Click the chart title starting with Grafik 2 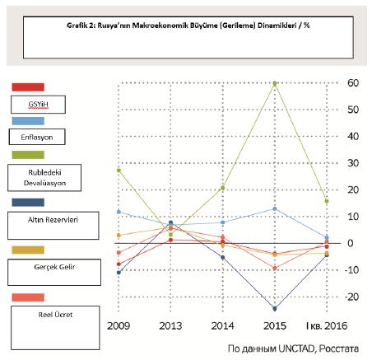pos(188,26)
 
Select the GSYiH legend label pos(38,105)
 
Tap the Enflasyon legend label pos(37,137)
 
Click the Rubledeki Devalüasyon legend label pos(44,178)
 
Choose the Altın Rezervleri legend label pos(53,220)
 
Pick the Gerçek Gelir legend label pos(54,267)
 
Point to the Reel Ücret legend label pos(55,315)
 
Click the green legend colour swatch pos(28,155)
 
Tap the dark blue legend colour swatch pos(28,203)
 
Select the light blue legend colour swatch pos(28,121)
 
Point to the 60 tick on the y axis pos(353,83)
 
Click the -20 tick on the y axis pos(351,297)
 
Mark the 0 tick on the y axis pos(350,243)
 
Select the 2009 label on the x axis pos(119,326)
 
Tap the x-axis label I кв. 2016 pos(327,326)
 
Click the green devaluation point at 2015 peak pos(275,83)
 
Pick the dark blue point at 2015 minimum pos(275,309)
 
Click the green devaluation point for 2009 pos(119,171)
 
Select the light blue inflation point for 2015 pos(275,209)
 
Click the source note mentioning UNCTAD pos(293,348)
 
